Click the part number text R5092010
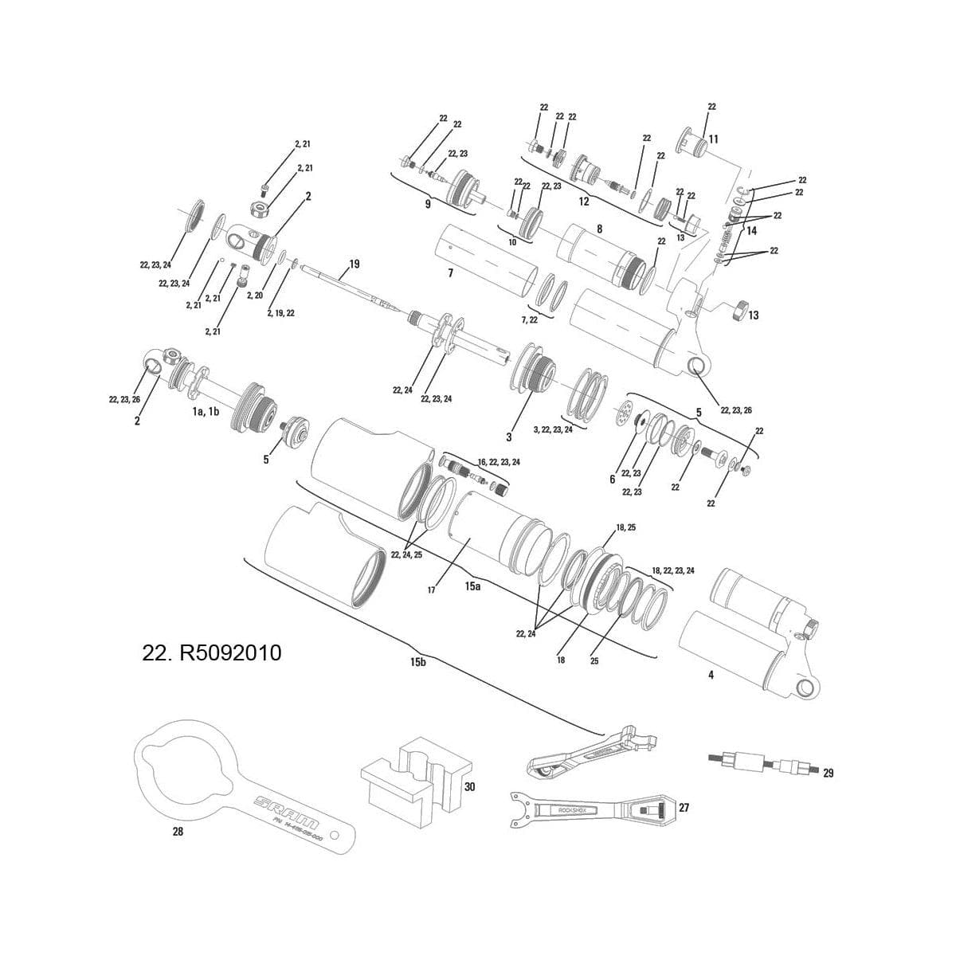(211, 653)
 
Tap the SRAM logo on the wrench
(288, 812)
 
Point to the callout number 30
(469, 786)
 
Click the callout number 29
(828, 773)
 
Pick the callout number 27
(684, 807)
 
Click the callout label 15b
(418, 664)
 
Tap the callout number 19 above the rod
(354, 264)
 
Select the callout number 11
(713, 139)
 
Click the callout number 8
(599, 229)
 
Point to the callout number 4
(711, 675)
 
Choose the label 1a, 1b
(205, 413)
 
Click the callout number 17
(431, 590)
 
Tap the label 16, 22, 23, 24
(499, 462)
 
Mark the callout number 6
(612, 479)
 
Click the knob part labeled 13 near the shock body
(740, 309)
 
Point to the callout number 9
(427, 204)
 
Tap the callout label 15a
(473, 586)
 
